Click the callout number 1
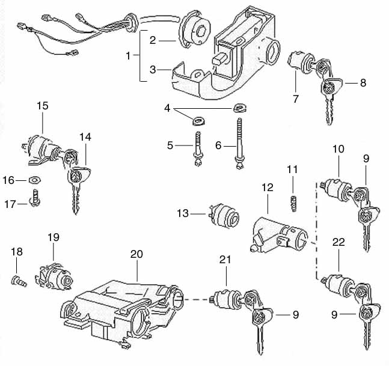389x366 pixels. (128, 55)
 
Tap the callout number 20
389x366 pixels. (138, 254)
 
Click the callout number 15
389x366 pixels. (42, 106)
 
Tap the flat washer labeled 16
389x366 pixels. (35, 179)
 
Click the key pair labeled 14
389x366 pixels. (76, 180)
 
